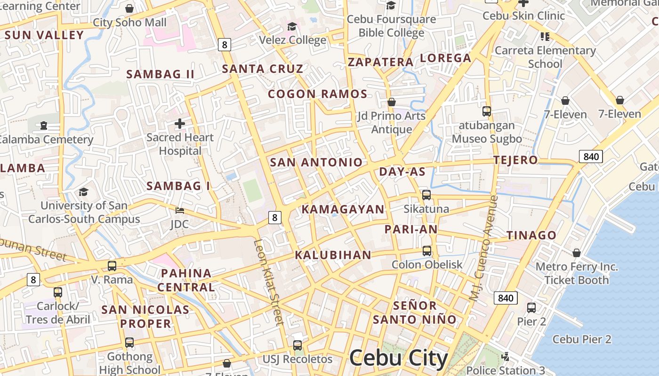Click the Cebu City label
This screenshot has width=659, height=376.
[398, 358]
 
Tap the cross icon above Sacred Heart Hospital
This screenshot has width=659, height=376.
[180, 124]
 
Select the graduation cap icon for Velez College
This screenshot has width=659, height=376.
[292, 26]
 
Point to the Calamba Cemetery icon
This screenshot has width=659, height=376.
[44, 125]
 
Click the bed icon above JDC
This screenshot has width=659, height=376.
[179, 210]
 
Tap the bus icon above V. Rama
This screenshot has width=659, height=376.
[112, 266]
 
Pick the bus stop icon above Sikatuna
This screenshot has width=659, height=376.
[426, 195]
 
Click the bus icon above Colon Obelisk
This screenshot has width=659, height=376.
[427, 251]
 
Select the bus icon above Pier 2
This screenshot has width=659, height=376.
[531, 308]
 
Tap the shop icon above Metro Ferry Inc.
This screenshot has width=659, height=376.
[577, 253]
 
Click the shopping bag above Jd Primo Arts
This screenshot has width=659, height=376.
[391, 102]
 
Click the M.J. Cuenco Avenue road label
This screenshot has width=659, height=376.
[483, 248]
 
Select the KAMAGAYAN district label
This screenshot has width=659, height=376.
[343, 210]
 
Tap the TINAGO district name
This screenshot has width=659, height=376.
[531, 235]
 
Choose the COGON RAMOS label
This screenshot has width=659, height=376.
[318, 94]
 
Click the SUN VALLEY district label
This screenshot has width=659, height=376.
[44, 35]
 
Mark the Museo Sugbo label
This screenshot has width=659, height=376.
[487, 139]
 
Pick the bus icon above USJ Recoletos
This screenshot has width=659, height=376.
[297, 345]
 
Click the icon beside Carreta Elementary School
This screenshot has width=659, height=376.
[545, 36]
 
